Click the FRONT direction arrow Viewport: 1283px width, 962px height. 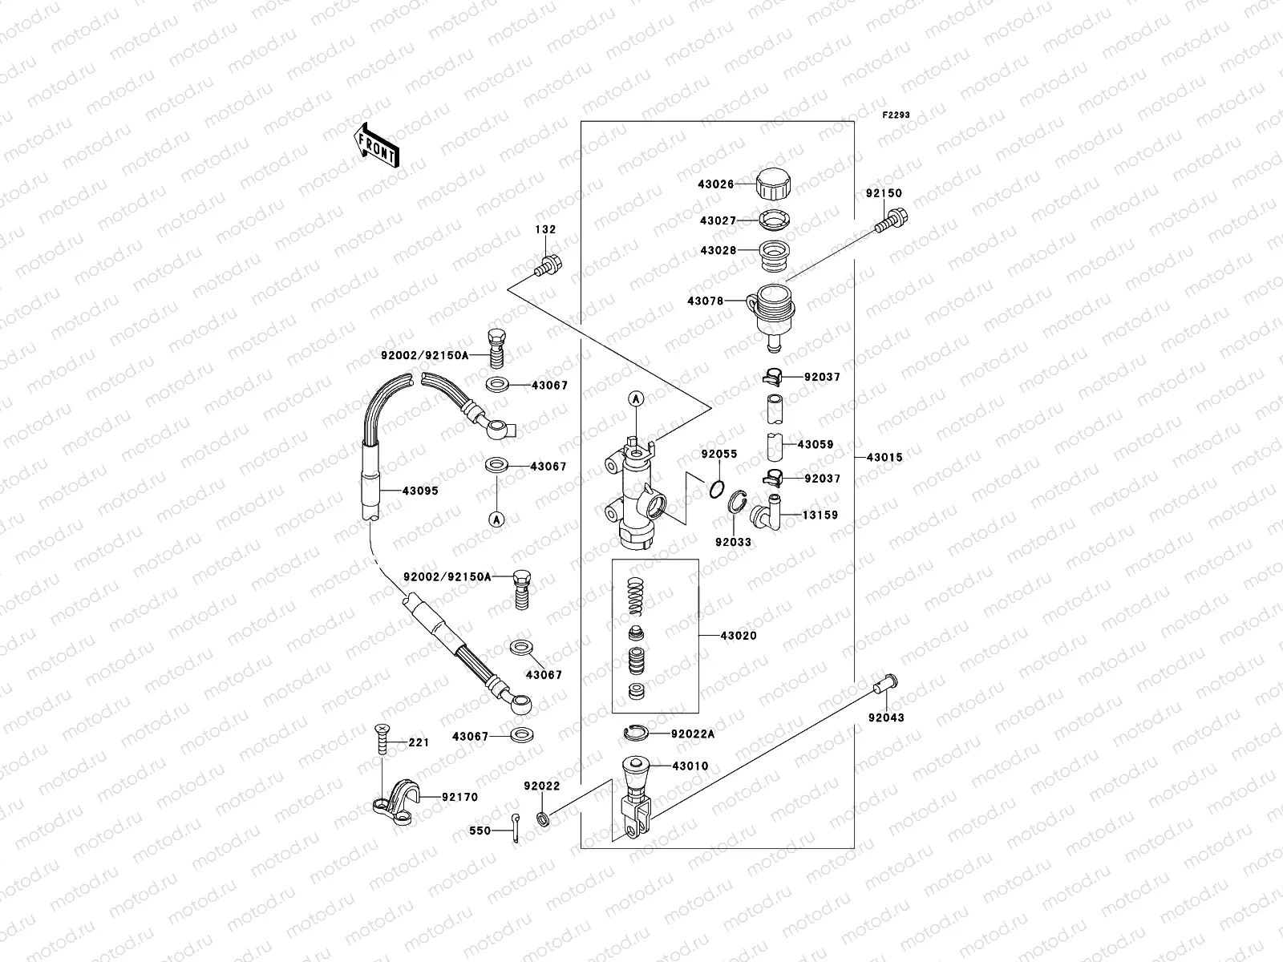[376, 145]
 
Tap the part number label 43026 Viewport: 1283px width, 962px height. [715, 184]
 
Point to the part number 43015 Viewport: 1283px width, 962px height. [884, 458]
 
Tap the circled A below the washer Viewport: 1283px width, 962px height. [496, 519]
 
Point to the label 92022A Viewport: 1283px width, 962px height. [694, 734]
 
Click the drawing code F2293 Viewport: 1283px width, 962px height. [896, 115]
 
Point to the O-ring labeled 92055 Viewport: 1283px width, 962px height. [719, 488]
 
